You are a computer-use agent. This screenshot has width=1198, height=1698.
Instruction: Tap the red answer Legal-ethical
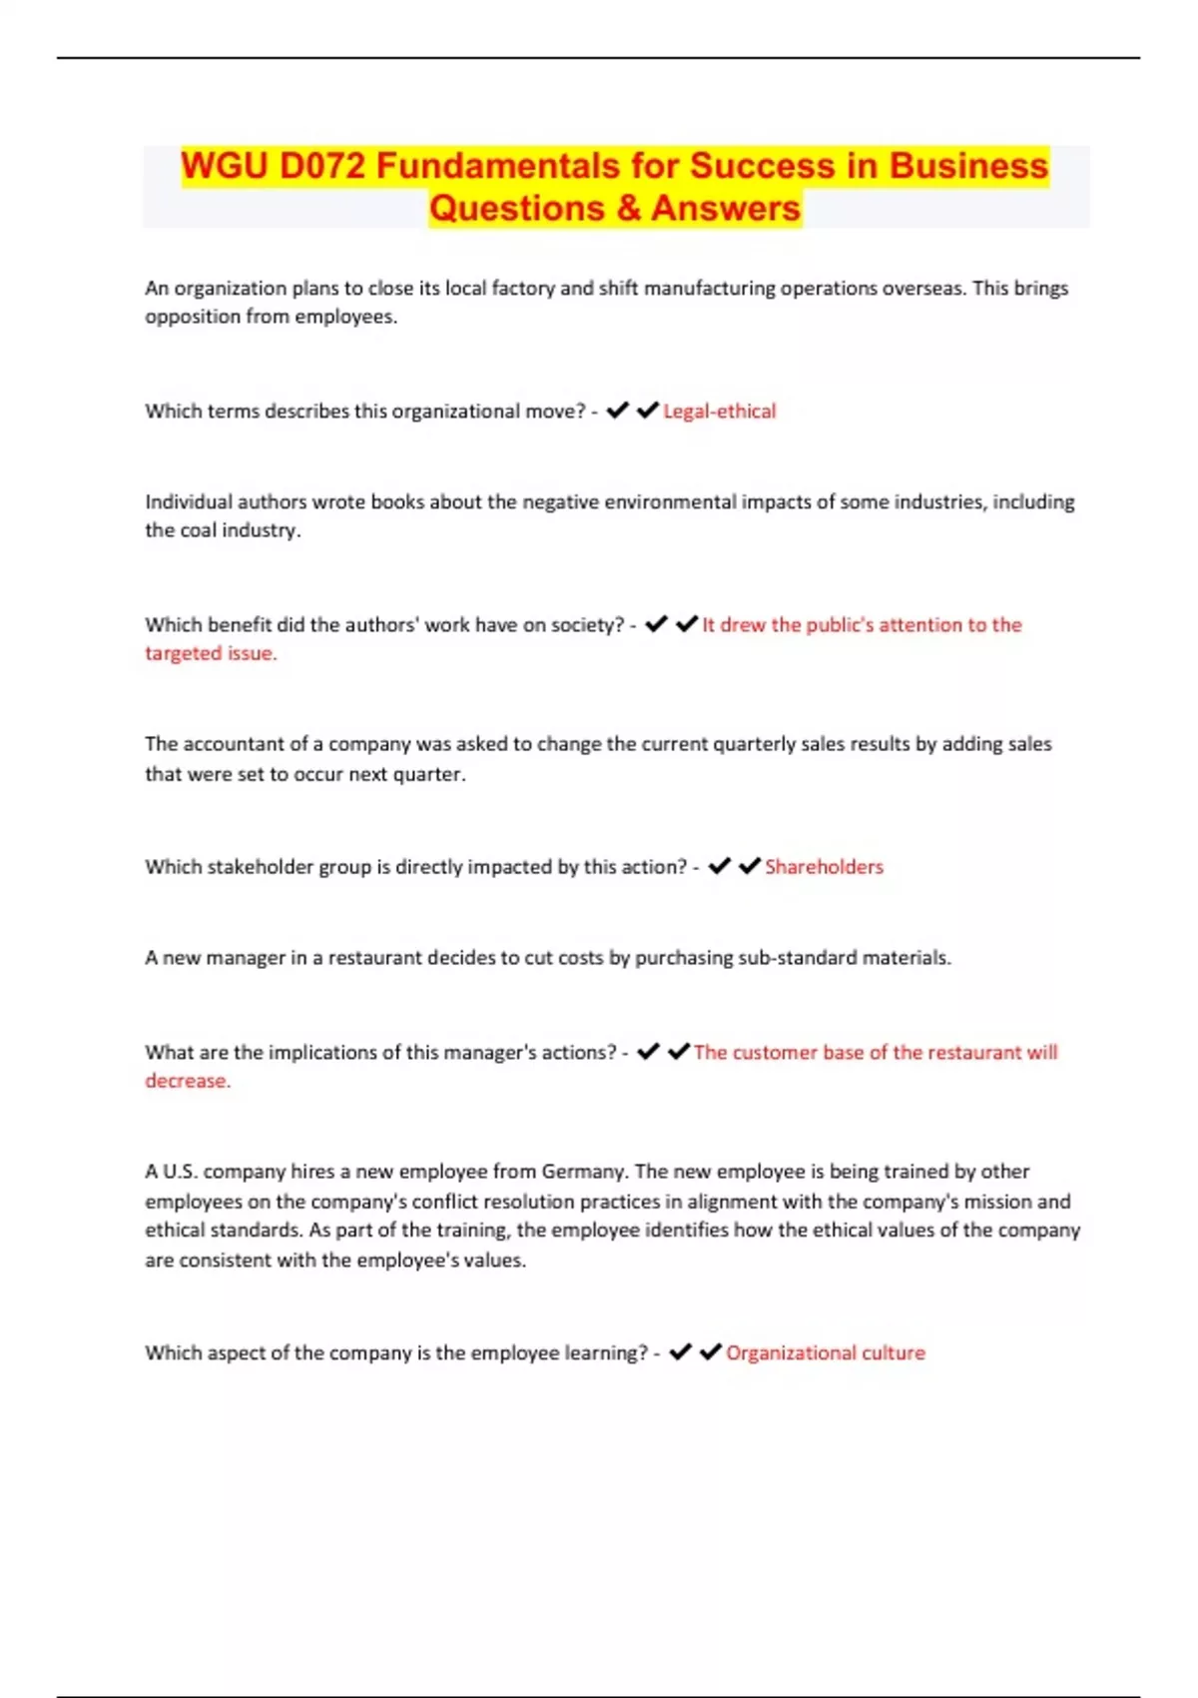(719, 411)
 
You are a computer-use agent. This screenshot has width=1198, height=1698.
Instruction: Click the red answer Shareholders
(824, 866)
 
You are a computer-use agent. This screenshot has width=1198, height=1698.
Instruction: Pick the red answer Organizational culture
(825, 1352)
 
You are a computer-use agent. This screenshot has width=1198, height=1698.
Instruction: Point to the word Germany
(583, 1171)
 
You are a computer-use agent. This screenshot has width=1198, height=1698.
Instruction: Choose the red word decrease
(187, 1081)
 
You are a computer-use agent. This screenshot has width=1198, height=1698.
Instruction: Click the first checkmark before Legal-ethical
(617, 411)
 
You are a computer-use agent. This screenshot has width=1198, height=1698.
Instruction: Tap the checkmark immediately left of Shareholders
(749, 866)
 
